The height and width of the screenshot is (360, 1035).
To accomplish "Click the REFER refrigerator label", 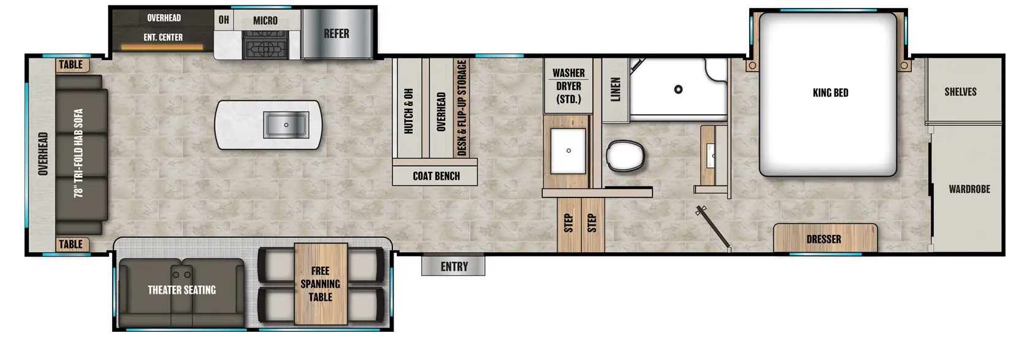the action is (337, 34).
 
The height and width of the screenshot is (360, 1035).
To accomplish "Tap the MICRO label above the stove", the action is (265, 21).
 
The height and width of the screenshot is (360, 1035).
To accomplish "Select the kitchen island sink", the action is (286, 124).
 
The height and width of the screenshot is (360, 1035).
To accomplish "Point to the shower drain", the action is (678, 89).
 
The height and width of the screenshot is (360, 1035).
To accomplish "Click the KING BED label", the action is (830, 93).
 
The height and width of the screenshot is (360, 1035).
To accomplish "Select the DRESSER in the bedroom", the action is (825, 238).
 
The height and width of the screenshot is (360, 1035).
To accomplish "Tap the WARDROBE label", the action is (969, 189).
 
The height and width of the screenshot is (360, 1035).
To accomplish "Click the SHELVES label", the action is (960, 92).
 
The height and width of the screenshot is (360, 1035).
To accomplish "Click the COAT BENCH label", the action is (436, 176).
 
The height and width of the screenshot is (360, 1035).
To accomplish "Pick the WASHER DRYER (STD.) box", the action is (568, 86).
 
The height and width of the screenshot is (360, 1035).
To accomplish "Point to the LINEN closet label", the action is (616, 89).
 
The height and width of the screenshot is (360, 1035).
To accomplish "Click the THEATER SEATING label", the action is (181, 289).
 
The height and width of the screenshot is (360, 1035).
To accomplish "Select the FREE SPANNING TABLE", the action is (321, 284).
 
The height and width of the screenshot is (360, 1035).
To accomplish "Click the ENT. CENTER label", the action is (163, 37).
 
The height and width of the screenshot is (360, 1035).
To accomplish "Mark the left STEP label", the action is (569, 223).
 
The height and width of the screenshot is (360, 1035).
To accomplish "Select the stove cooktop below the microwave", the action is (265, 45).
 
